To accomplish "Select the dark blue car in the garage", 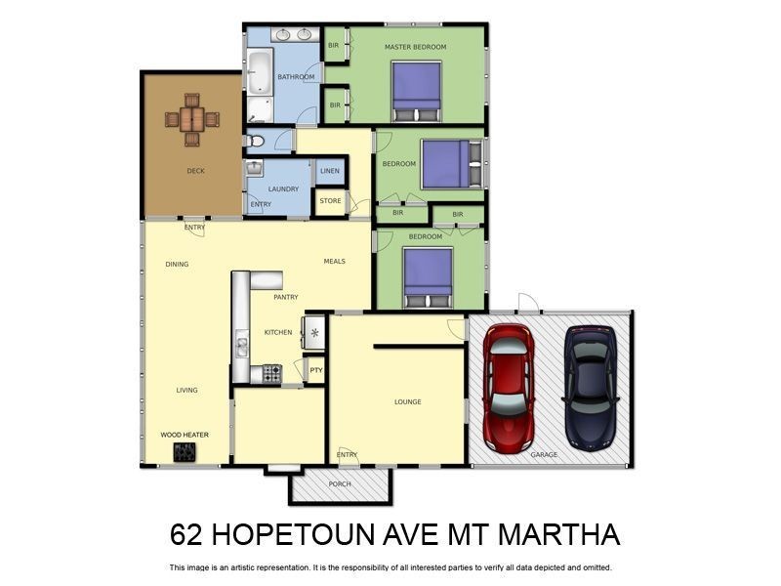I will [592, 381].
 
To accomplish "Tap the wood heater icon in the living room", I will [185, 452].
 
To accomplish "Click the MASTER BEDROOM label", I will [415, 47].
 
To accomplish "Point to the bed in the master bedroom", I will [418, 88].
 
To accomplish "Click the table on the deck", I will [191, 119].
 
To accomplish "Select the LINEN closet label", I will [330, 171].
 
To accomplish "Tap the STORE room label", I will [330, 201].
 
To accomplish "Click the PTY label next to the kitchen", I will [315, 370].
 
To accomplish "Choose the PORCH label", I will [340, 484].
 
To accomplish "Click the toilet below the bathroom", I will [255, 141].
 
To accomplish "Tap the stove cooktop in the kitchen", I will [271, 372].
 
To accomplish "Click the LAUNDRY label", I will [283, 188].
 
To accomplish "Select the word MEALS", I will [335, 261].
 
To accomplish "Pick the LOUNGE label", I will [407, 401].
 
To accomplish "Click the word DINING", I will [177, 264].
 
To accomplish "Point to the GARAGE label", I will [544, 455].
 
